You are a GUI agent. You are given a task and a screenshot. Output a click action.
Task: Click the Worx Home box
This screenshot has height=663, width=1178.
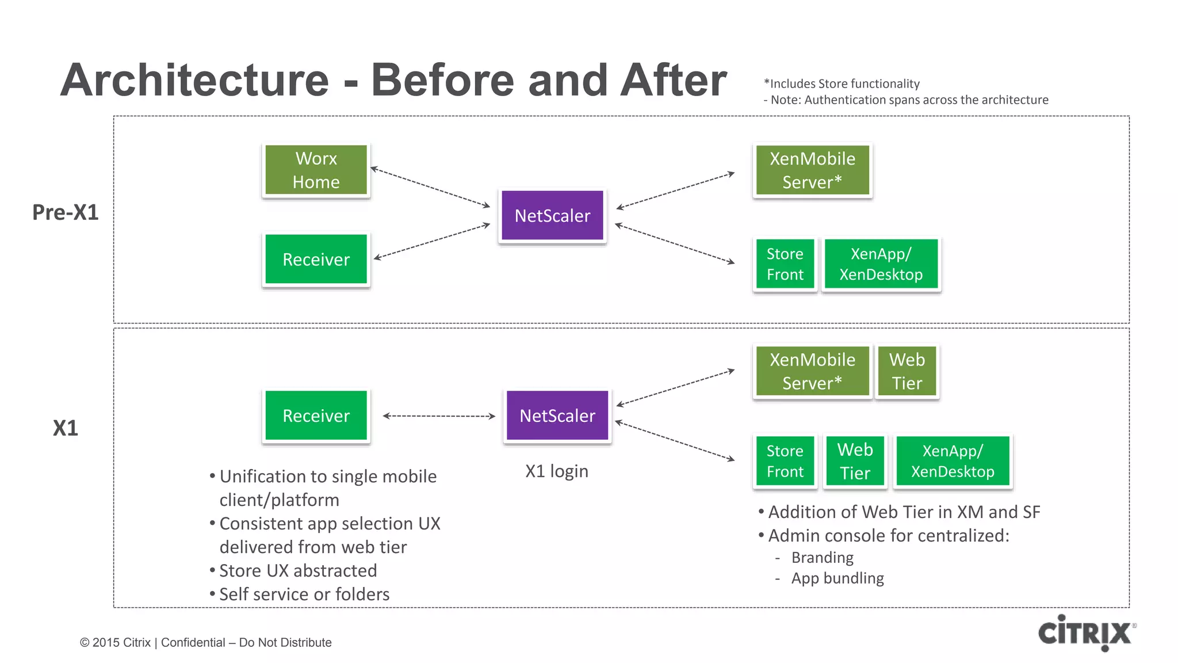[x=316, y=170]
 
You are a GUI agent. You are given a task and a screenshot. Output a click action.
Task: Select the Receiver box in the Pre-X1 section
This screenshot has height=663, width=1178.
[x=316, y=260]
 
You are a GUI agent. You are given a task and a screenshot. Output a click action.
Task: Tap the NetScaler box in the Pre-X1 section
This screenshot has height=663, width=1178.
[x=552, y=216]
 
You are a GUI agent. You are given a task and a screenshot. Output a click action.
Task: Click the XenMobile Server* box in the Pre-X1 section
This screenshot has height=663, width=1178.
[x=812, y=170]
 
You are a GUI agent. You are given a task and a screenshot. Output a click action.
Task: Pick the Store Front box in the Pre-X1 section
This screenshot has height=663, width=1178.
[x=785, y=264]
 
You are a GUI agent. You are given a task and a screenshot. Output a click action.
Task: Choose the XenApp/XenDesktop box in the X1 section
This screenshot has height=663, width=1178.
[x=953, y=462]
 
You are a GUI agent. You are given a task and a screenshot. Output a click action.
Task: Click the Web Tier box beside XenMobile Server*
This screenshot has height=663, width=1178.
[x=907, y=371]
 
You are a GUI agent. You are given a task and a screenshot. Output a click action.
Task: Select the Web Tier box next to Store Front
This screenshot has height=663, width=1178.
[x=855, y=462]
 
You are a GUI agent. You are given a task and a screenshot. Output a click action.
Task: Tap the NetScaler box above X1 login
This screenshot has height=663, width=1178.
[x=557, y=416]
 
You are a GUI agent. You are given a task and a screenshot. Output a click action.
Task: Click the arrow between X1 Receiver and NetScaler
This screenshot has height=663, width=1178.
[x=438, y=416]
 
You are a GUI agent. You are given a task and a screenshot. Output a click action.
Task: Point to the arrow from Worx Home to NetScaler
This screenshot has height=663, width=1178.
[x=430, y=187]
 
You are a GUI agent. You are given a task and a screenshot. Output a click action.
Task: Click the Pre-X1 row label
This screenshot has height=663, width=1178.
[x=65, y=212]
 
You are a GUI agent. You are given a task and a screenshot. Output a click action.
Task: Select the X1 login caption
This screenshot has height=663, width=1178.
[x=556, y=471]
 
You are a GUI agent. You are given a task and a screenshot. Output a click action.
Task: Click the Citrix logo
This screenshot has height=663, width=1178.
[x=1085, y=633]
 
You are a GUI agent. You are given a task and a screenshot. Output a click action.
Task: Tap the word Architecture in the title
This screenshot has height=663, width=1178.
[x=194, y=80]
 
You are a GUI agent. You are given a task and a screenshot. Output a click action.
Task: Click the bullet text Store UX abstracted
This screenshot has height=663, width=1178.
[x=298, y=571]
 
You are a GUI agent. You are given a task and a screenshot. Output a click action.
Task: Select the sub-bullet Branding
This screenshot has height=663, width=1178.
[x=822, y=558]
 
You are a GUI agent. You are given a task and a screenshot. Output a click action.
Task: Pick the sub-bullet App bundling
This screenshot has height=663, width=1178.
[x=837, y=578]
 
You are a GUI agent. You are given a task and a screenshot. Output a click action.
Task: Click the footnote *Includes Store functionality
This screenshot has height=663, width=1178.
[x=842, y=84]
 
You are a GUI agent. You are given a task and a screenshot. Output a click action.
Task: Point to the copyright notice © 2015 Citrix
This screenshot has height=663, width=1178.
[x=115, y=643]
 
